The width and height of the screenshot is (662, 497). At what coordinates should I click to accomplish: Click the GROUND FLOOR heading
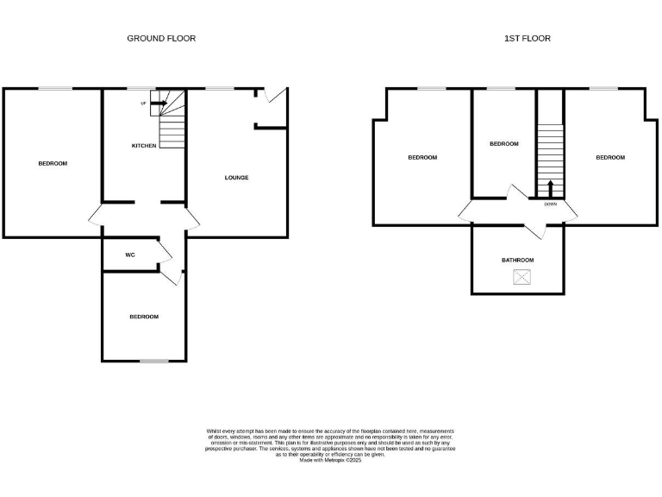pyautogui.click(x=161, y=38)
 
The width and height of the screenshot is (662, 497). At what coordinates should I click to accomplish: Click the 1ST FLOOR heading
pyautogui.click(x=528, y=38)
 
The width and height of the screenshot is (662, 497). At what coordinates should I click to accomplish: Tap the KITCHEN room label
pyautogui.click(x=144, y=146)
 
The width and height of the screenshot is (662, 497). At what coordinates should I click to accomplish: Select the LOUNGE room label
pyautogui.click(x=236, y=178)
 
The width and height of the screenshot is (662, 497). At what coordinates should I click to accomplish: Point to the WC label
pyautogui.click(x=130, y=255)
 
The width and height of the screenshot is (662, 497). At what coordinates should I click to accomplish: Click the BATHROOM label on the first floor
pyautogui.click(x=518, y=260)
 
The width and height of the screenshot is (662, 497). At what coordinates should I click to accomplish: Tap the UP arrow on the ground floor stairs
pyautogui.click(x=159, y=104)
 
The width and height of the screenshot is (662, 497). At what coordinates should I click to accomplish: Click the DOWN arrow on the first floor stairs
pyautogui.click(x=551, y=187)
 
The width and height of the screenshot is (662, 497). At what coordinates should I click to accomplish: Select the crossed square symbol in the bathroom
pyautogui.click(x=521, y=277)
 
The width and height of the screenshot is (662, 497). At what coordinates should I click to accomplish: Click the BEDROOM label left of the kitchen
pyautogui.click(x=53, y=163)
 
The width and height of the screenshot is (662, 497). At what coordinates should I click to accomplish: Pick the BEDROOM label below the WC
pyautogui.click(x=144, y=317)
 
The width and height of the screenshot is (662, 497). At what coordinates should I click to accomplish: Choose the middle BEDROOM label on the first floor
pyautogui.click(x=504, y=144)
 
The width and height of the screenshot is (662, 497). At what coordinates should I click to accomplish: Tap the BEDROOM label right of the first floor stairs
pyautogui.click(x=610, y=157)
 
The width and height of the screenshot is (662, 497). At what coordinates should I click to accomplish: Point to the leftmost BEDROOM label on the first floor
pyautogui.click(x=422, y=157)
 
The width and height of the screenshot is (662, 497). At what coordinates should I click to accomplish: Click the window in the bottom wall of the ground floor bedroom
pyautogui.click(x=154, y=361)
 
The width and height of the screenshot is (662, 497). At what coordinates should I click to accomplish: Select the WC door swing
pyautogui.click(x=165, y=251)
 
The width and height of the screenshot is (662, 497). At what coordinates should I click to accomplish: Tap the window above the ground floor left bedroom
pyautogui.click(x=53, y=89)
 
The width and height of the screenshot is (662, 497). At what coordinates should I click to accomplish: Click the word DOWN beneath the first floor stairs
pyautogui.click(x=551, y=204)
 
